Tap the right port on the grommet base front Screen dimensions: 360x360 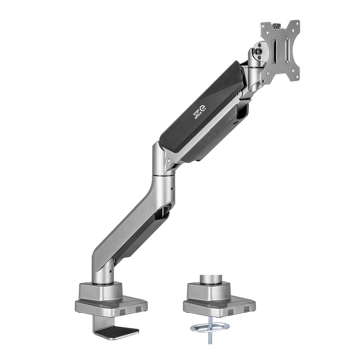[x=246, y=309]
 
